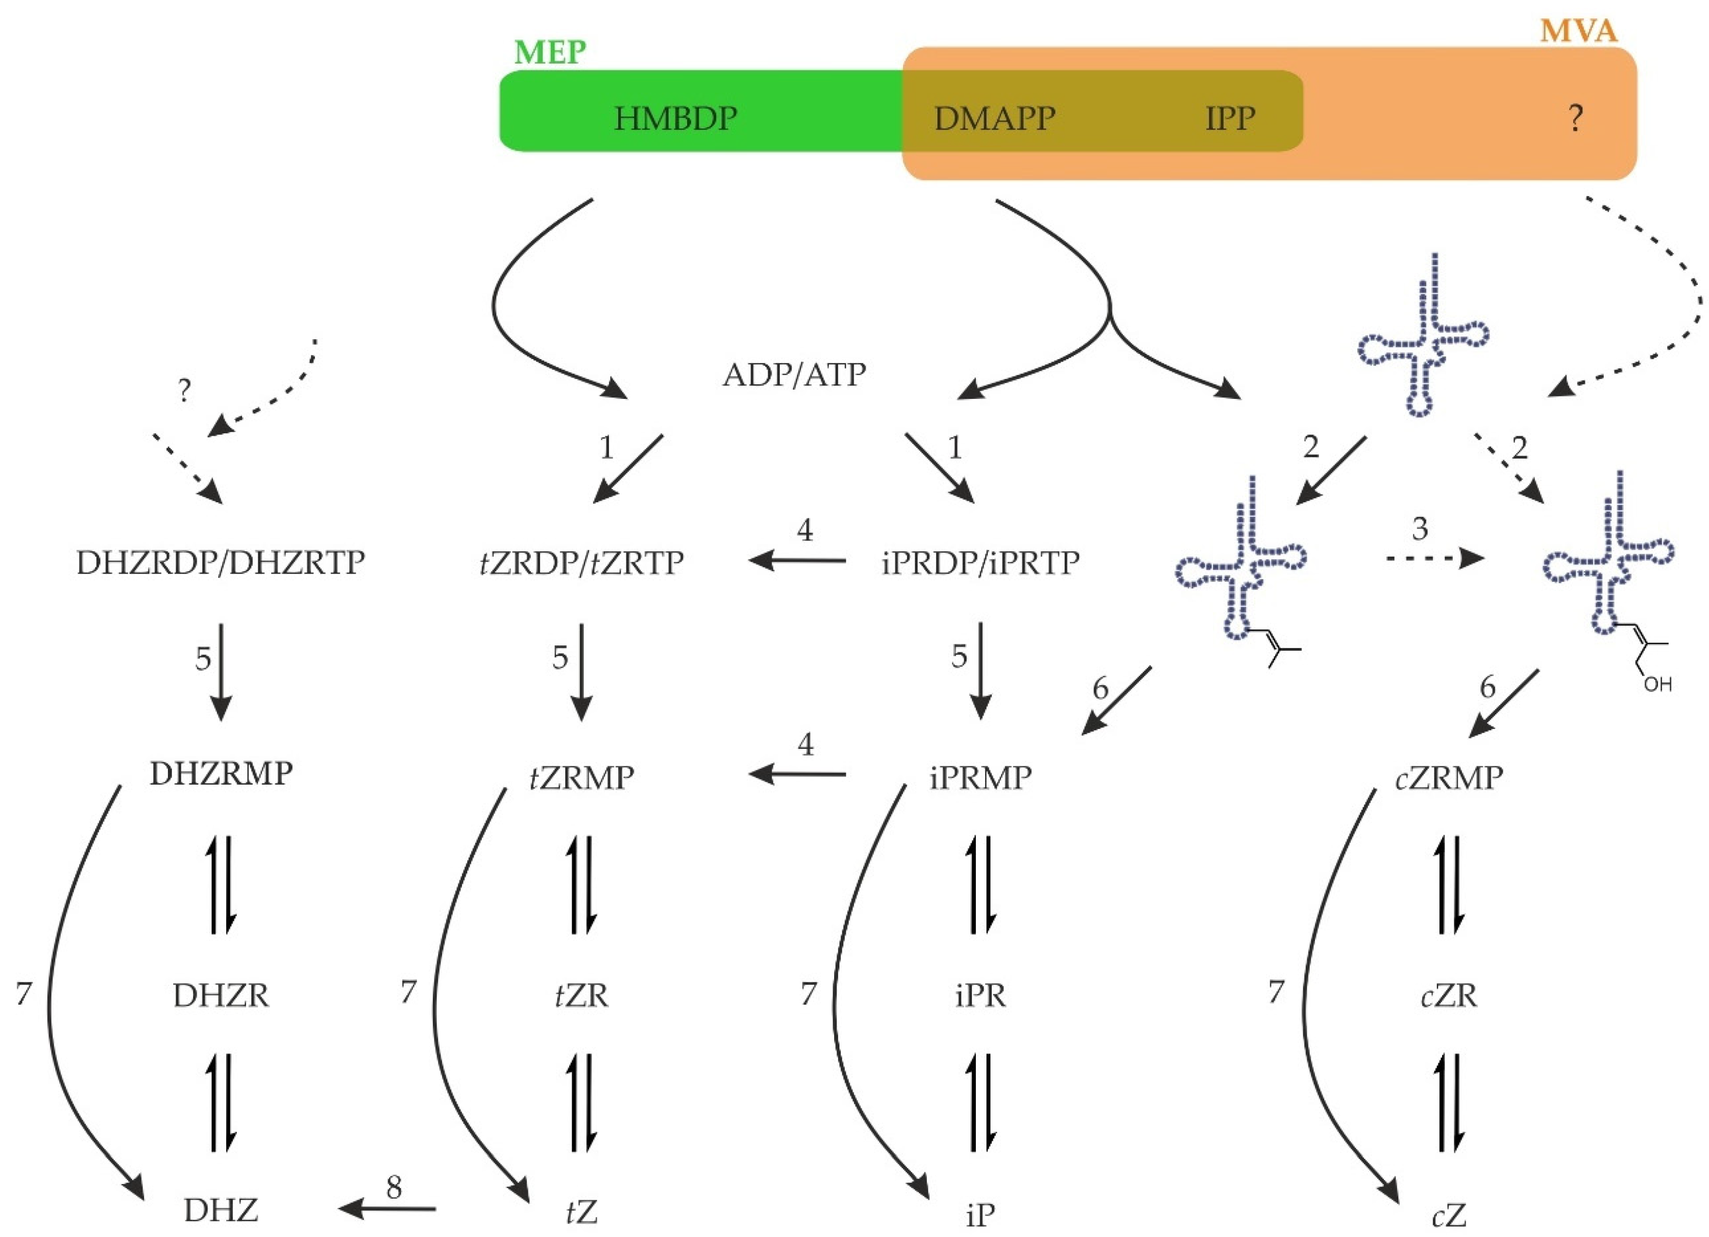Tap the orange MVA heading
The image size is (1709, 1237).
(x=1578, y=31)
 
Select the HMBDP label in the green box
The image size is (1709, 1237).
(x=675, y=119)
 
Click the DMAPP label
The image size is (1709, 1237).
(x=995, y=119)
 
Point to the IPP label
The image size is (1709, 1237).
(x=1230, y=119)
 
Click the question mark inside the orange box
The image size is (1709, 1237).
(x=1575, y=119)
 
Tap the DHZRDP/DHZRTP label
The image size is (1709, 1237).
(x=221, y=563)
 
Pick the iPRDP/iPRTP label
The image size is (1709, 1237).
(x=980, y=563)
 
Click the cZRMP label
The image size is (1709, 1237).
(x=1448, y=777)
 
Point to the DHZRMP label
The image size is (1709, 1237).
(x=221, y=774)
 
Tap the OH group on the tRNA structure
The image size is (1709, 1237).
(x=1657, y=684)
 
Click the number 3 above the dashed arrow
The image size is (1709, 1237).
(x=1420, y=529)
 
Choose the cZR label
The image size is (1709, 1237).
(x=1448, y=996)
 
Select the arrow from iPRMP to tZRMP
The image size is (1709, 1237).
(x=797, y=774)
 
